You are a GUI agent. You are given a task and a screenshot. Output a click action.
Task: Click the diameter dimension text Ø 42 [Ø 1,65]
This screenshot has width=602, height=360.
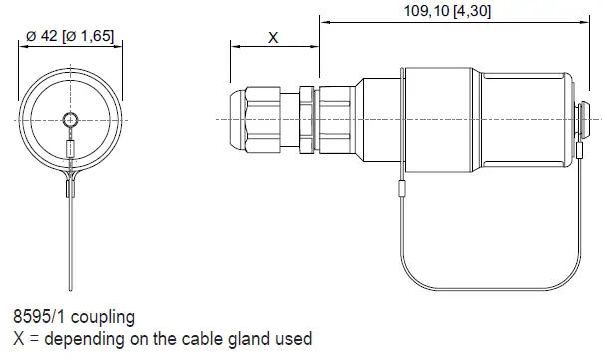[68, 35]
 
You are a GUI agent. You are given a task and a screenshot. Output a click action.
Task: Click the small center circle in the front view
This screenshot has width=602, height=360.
[68, 120]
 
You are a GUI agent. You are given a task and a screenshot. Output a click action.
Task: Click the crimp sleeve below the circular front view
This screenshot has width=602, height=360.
[69, 186]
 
